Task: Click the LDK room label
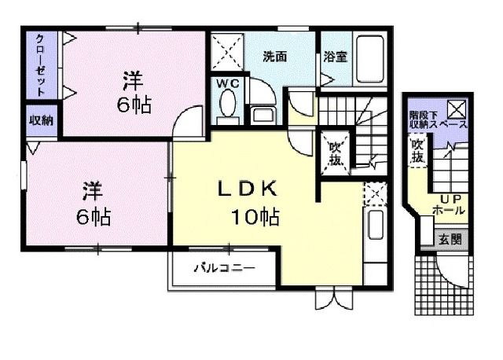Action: click(x=245, y=189)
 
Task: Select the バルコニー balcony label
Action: click(x=225, y=268)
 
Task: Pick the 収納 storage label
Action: click(x=41, y=120)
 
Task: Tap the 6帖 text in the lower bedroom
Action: click(x=94, y=215)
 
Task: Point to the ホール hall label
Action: click(x=450, y=211)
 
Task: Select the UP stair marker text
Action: click(x=450, y=198)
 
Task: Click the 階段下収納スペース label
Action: click(x=438, y=120)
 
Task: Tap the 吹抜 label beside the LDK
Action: click(x=335, y=153)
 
